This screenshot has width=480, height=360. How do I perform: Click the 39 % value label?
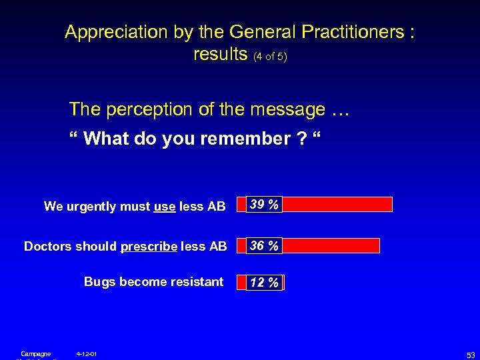[x=263, y=204]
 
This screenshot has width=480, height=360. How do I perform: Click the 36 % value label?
[x=263, y=246]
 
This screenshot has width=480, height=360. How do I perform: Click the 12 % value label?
[x=264, y=283]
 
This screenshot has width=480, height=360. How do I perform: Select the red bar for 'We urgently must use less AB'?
[x=337, y=204]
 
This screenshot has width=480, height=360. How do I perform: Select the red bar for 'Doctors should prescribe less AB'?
[x=331, y=246]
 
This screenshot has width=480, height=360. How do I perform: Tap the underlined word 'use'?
[x=164, y=207]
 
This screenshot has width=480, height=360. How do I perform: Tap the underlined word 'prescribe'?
[x=149, y=247]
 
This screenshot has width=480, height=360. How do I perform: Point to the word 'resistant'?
[x=197, y=282]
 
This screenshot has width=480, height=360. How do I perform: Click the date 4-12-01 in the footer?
[x=87, y=353]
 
